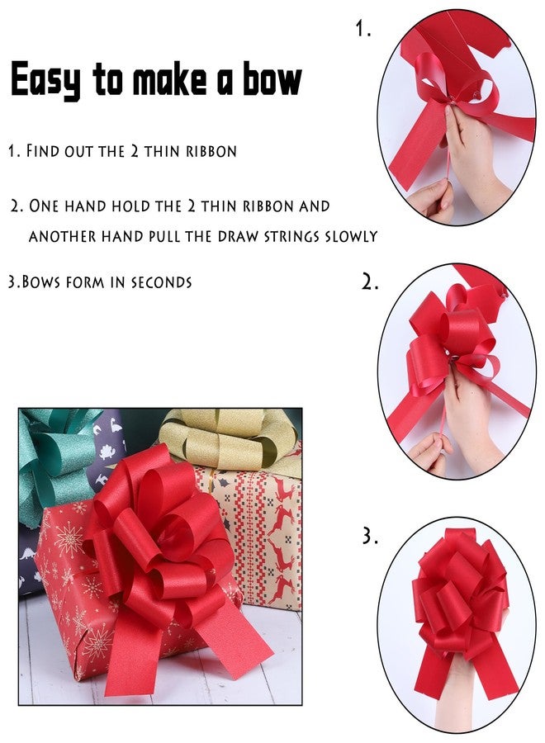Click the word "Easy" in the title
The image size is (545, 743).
[x=45, y=79]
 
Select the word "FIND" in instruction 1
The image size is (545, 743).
[x=43, y=151]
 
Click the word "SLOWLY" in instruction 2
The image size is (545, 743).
[x=351, y=236]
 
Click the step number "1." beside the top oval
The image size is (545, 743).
[x=363, y=29]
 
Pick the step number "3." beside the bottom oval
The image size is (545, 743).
[x=370, y=537]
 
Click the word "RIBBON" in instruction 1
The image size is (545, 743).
[x=211, y=151]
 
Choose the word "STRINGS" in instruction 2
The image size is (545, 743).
[x=291, y=236]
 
